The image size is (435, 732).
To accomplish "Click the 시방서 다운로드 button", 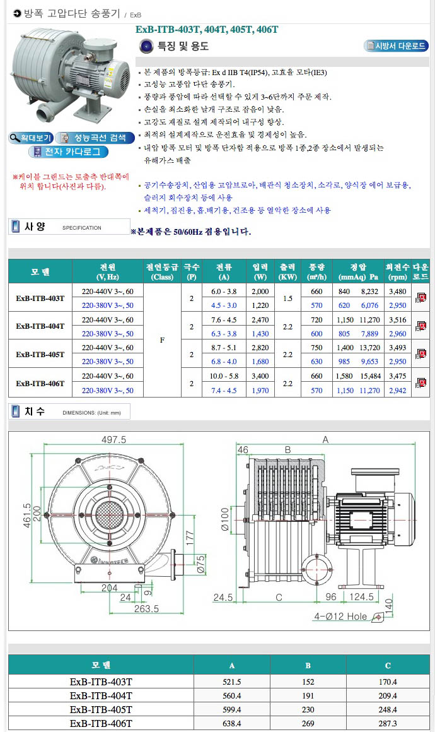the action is point(396,45).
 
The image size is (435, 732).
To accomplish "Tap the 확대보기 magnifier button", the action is point(31,138).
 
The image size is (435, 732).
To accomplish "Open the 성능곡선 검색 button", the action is point(95,138).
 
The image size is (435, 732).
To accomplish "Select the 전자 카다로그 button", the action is point(68,151).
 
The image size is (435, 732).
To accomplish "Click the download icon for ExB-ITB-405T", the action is point(421,354).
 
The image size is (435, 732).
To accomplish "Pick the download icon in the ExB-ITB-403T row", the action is point(421,297).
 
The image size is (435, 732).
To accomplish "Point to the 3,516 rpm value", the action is point(397,320).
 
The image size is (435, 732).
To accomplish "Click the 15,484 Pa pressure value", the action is point(370,376).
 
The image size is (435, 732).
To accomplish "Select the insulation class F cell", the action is point(162,340).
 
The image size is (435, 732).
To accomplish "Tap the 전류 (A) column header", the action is point(224,272).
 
